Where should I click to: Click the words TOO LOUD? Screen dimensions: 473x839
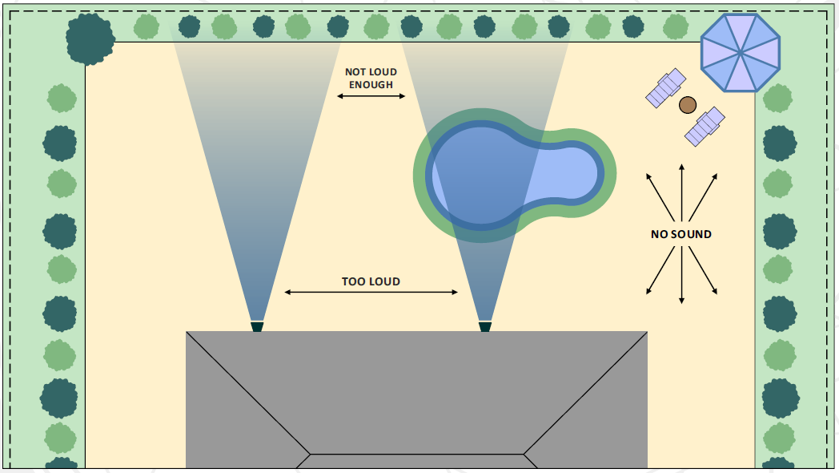[371, 281]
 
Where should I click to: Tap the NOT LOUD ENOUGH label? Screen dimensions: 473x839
[371, 78]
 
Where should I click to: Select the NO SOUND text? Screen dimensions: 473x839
[681, 235]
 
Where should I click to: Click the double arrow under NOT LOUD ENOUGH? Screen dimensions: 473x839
[371, 96]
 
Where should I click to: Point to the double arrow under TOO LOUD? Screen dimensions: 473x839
[371, 293]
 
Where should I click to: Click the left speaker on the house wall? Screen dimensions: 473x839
[257, 326]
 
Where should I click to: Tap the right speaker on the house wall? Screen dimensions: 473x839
[485, 326]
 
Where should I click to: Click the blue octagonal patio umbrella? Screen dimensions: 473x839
[740, 52]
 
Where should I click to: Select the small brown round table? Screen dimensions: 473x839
[687, 105]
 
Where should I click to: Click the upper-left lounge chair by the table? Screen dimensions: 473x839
[666, 88]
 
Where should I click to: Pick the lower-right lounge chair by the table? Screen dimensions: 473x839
[705, 127]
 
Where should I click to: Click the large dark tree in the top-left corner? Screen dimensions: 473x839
[90, 38]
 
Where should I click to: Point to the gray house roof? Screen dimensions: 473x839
[416, 385]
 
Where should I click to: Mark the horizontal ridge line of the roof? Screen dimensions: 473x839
[416, 455]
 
